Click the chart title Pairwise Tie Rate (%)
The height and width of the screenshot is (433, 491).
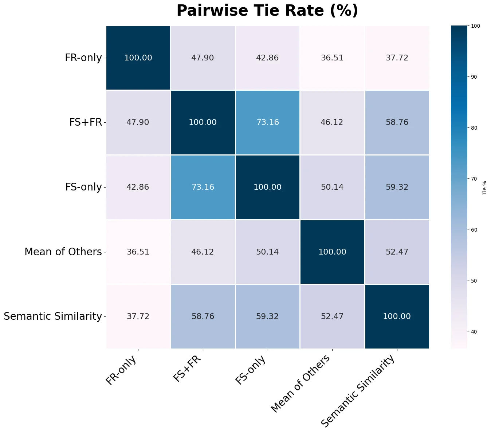pos(267,11)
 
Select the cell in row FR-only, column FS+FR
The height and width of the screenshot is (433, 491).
pos(203,58)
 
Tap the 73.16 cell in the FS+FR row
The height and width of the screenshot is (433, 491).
pos(267,122)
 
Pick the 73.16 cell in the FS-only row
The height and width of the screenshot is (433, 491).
pos(203,187)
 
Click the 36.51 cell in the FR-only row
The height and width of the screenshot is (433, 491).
pos(332,58)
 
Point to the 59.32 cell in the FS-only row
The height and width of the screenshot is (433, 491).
pos(397,187)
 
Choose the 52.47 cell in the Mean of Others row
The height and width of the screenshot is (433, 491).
pos(397,252)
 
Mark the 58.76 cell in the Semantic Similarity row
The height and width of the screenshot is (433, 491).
pos(203,316)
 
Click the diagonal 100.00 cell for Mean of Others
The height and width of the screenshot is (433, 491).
pos(332,252)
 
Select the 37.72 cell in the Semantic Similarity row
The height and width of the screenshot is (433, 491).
pos(138,316)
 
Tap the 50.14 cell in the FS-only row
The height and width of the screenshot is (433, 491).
pos(332,187)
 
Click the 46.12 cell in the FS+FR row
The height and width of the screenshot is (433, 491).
pos(332,122)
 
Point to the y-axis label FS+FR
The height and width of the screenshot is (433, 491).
pos(86,122)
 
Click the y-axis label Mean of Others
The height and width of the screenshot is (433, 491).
pos(63,252)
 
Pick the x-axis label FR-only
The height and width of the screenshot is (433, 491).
pos(121,370)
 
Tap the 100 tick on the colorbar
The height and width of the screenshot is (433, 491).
pos(475,26)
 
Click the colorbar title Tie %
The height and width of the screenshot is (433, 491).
pos(485,187)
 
